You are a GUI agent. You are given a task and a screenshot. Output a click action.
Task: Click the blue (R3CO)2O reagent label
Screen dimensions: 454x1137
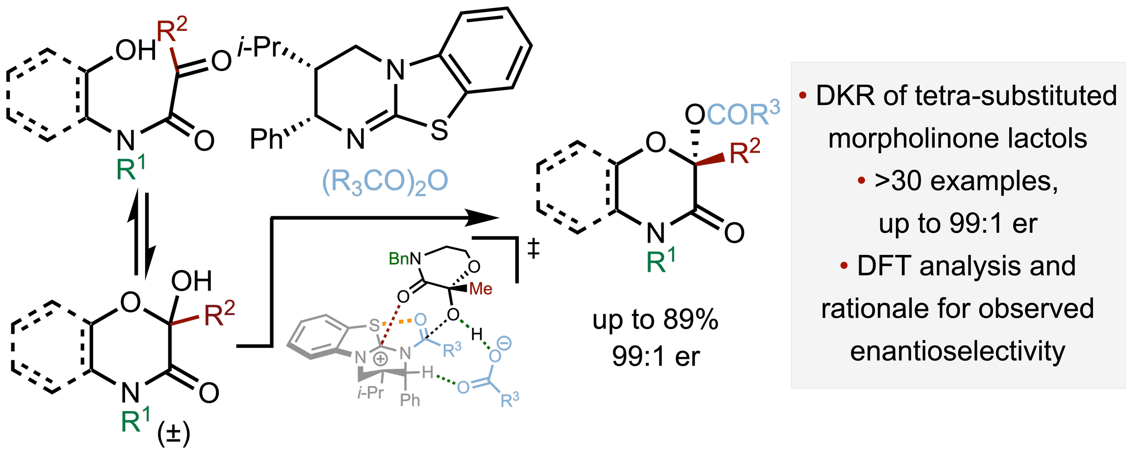pos(385,181)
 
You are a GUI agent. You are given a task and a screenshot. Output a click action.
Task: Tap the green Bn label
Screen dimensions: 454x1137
pos(399,259)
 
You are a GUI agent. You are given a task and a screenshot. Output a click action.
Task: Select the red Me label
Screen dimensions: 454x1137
pos(481,289)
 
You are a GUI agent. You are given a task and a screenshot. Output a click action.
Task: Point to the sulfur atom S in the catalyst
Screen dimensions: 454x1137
pos(374,325)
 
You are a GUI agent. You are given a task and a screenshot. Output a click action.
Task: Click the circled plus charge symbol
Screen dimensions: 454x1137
pos(381,359)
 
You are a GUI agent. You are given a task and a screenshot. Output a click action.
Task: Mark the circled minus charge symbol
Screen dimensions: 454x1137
pos(504,343)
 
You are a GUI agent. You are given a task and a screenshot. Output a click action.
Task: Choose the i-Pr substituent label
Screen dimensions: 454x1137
pos(371,393)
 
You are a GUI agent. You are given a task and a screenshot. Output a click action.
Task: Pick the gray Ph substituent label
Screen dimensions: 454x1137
pos(410,400)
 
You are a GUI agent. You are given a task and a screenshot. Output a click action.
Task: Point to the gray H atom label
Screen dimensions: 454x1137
pos(428,373)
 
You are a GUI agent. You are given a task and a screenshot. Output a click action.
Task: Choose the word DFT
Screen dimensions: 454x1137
pos(884,266)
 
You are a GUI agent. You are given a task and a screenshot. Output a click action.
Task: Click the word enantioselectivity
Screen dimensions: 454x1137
pos(958,351)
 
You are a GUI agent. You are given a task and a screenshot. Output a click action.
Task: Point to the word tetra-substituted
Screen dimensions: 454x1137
pos(1016,96)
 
